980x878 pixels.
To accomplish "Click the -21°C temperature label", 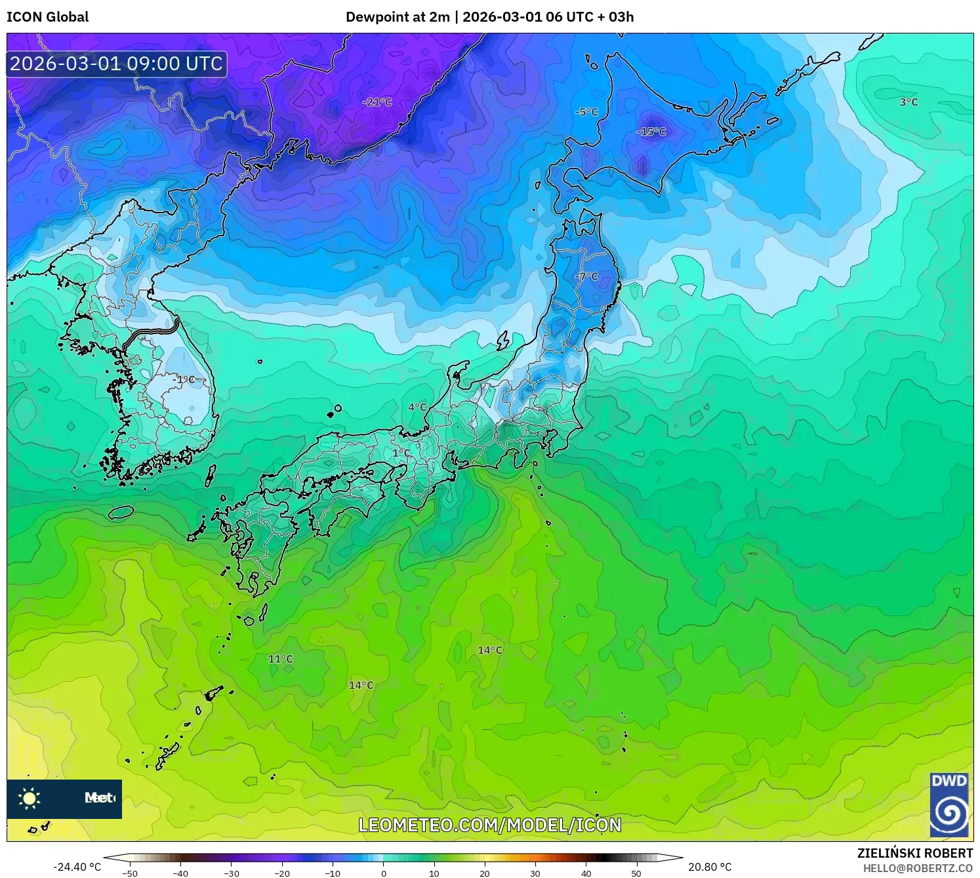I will (x=377, y=102).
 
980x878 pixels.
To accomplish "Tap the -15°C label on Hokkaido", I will (x=651, y=132).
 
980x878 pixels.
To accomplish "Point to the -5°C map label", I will (x=586, y=112).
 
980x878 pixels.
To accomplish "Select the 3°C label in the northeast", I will (x=909, y=102).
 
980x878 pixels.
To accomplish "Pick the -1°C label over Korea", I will (x=184, y=379).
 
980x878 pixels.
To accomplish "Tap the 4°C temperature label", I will (x=417, y=408).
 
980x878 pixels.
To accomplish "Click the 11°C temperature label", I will (x=280, y=659).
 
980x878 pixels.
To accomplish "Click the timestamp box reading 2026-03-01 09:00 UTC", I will (x=117, y=64).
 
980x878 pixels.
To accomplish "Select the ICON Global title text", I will (x=47, y=17).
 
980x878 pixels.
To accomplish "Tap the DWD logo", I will (x=949, y=805).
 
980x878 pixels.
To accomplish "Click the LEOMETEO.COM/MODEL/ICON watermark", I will (x=489, y=825).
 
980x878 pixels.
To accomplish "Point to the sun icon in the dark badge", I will (x=30, y=799).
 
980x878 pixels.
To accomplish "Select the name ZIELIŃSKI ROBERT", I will (x=914, y=853).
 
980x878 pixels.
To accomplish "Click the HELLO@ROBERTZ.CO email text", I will (x=918, y=868).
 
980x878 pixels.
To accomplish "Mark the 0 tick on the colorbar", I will (x=384, y=873).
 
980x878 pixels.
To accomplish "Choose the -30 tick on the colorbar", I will (x=232, y=873).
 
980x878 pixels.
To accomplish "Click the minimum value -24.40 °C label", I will (x=77, y=867).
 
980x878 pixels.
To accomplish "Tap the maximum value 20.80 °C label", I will (x=710, y=867).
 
